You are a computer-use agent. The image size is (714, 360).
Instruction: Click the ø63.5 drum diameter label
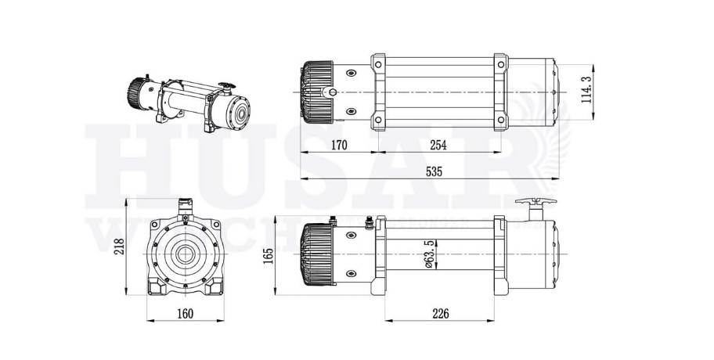click(428, 255)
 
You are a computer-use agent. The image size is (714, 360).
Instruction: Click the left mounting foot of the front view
click(156, 287)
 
